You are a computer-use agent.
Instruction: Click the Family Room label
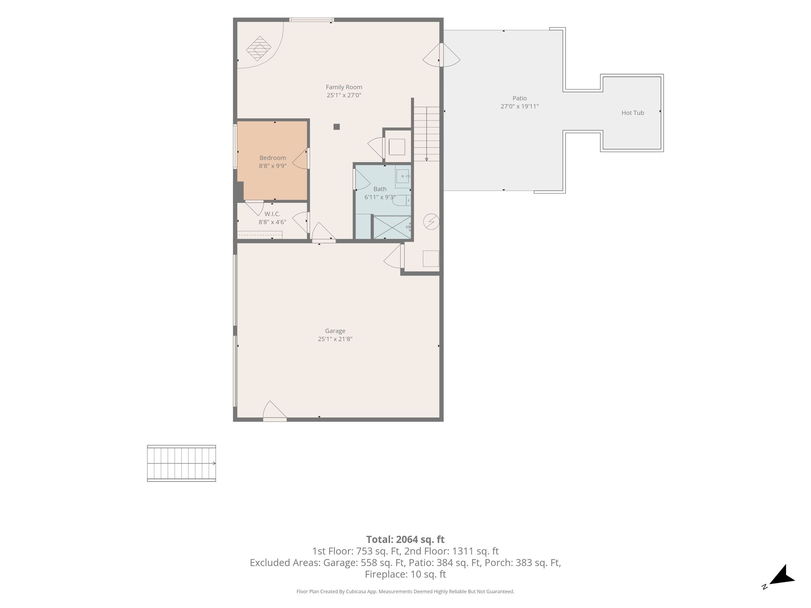click(344, 87)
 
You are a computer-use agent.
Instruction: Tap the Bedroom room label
click(272, 158)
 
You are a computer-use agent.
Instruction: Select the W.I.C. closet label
click(272, 214)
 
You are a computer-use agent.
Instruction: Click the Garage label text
click(335, 331)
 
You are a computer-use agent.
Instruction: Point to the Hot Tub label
click(633, 113)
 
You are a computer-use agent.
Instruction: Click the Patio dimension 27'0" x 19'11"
click(520, 106)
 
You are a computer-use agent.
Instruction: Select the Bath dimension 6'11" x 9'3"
click(380, 197)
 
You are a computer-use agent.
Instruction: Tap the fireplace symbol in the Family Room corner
click(259, 49)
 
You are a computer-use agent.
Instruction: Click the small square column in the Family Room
click(337, 127)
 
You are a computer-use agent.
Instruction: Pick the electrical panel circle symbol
click(431, 222)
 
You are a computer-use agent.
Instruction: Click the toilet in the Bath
click(402, 201)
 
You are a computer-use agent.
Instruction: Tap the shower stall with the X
click(392, 227)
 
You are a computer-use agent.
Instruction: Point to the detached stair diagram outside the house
click(181, 463)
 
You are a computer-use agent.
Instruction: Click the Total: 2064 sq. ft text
click(405, 539)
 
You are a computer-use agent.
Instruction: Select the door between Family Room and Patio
click(441, 55)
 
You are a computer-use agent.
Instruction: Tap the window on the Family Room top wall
click(311, 20)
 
